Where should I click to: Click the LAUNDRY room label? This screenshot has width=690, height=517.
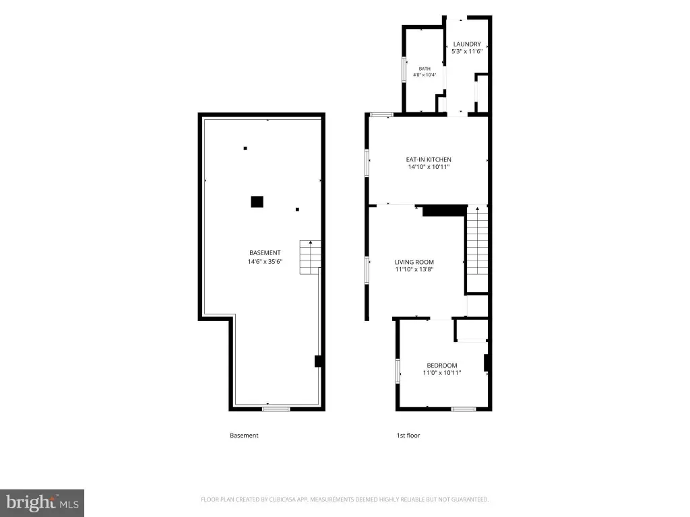[x=467, y=44]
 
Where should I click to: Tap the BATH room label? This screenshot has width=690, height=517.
[x=425, y=69]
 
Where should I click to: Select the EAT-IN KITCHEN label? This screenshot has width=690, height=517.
[x=429, y=160]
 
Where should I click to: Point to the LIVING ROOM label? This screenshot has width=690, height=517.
[x=414, y=262]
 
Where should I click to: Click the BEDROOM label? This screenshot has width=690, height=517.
[x=442, y=366]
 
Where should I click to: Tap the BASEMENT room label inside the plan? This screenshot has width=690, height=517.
[x=265, y=253]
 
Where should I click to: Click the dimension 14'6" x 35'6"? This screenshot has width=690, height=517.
[x=265, y=262]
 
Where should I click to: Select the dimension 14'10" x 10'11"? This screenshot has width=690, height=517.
[x=429, y=167]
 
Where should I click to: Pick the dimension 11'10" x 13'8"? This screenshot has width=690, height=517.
[x=414, y=269]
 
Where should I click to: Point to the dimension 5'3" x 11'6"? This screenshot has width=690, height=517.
[x=467, y=51]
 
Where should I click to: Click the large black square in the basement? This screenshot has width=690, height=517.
[x=257, y=202]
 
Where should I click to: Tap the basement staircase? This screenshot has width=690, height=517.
[x=310, y=257]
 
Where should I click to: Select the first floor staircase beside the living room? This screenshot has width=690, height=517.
[x=477, y=240]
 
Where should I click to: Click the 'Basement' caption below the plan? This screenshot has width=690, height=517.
[x=244, y=436]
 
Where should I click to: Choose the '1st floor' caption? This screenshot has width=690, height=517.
[x=408, y=436]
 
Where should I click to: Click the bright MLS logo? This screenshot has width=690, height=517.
[x=42, y=503]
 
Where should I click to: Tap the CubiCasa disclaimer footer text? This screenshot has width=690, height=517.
[x=344, y=499]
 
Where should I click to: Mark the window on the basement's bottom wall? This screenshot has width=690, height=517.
[x=276, y=409]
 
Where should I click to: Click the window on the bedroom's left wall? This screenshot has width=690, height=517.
[x=398, y=371]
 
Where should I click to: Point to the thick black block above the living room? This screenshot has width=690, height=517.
[x=445, y=211]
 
